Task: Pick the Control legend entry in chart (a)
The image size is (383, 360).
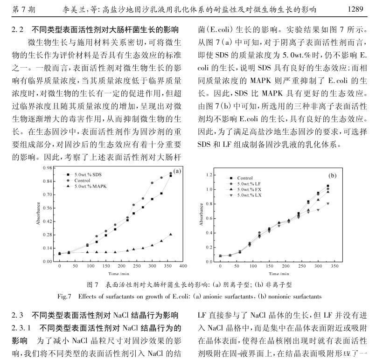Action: [x=82, y=180]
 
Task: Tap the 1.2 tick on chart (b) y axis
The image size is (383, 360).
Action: [x=209, y=175]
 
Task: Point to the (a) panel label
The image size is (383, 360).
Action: [x=177, y=171]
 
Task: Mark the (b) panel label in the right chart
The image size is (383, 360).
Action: [x=332, y=176]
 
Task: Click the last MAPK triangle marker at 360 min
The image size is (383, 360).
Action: [x=171, y=234]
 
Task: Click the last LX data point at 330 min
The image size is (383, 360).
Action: [x=328, y=203]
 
